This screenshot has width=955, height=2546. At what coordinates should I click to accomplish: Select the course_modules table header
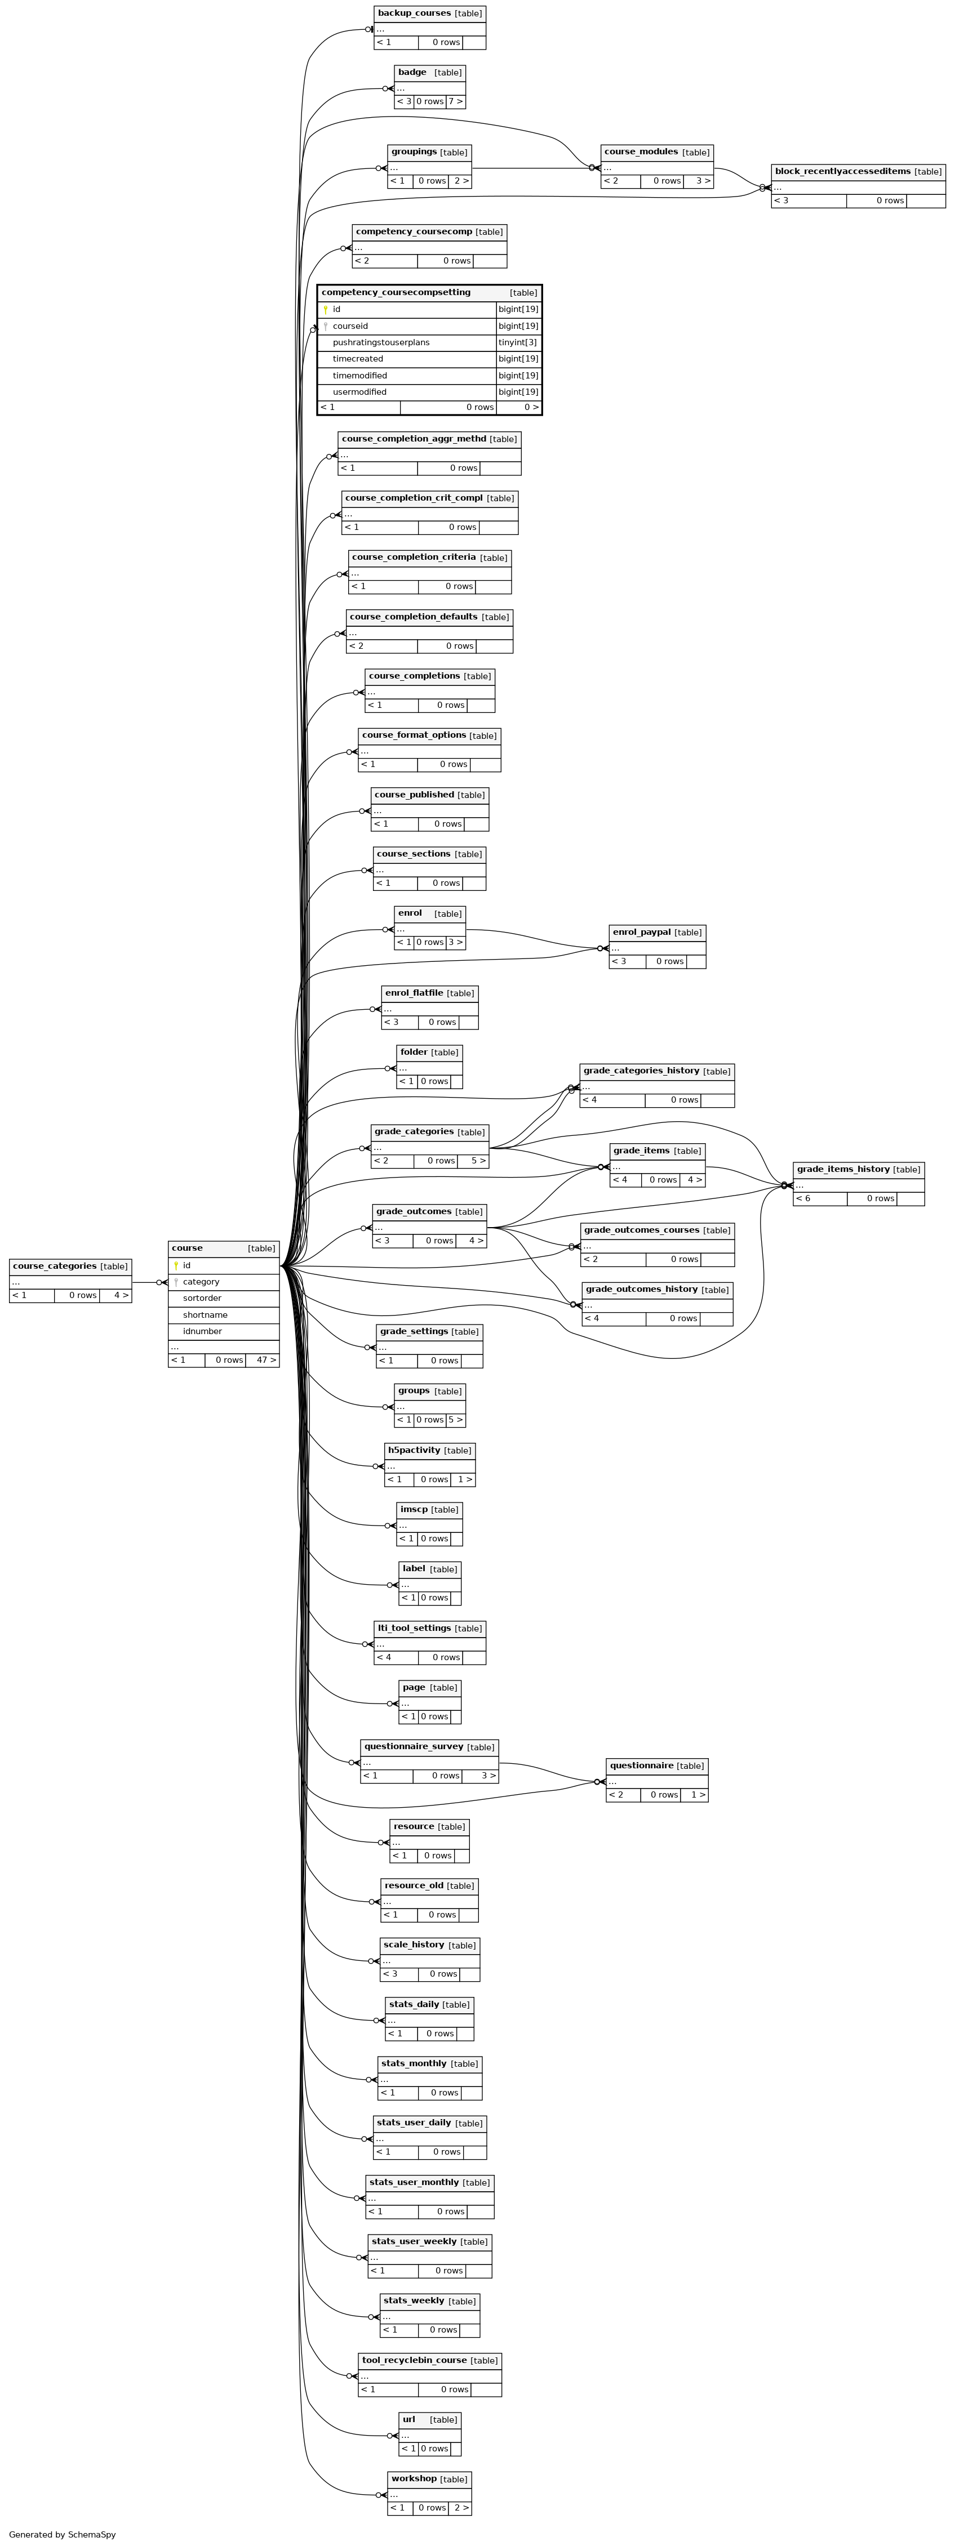tap(641, 152)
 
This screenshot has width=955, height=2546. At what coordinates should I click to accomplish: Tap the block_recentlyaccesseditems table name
tap(842, 172)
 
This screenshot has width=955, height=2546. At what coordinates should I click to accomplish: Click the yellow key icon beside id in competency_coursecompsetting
tap(325, 309)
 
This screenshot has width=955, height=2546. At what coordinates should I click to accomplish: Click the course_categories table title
tap(55, 1266)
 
